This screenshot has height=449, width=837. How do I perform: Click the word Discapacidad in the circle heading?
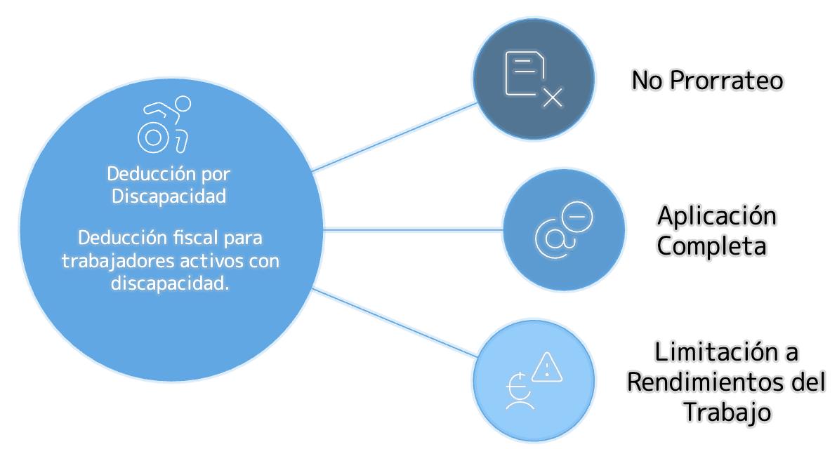[x=169, y=196]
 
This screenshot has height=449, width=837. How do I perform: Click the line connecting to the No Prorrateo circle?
[x=393, y=135]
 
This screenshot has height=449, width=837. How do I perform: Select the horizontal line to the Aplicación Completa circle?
[x=414, y=229]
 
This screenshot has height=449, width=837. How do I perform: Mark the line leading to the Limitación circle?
[x=393, y=322]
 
